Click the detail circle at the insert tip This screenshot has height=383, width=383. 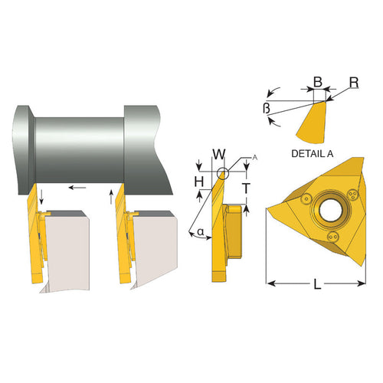222,172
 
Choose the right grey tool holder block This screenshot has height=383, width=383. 157,245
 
